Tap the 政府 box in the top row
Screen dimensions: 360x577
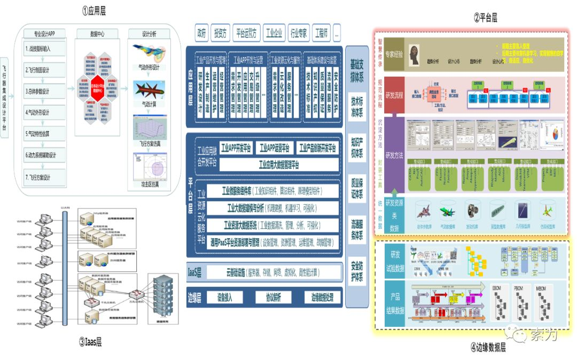tap(201, 33)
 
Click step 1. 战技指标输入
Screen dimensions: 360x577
tap(45, 48)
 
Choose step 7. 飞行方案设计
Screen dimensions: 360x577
tap(45, 177)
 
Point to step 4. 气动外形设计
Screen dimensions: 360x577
tap(45, 113)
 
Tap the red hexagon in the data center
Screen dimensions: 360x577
tap(97, 88)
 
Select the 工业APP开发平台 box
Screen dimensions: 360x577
tap(231, 148)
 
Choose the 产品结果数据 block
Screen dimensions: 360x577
tap(396, 304)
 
